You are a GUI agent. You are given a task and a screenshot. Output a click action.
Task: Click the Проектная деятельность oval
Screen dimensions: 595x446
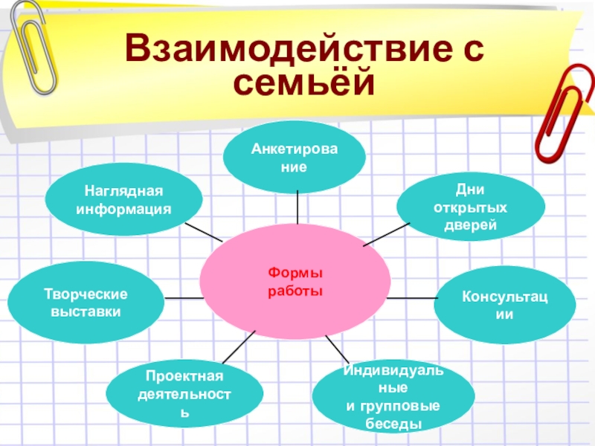pyautogui.click(x=184, y=394)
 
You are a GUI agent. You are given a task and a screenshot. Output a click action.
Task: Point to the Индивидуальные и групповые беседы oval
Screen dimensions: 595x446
pyautogui.click(x=393, y=396)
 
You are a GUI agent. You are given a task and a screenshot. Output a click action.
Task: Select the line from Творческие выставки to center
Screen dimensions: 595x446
pyautogui.click(x=182, y=298)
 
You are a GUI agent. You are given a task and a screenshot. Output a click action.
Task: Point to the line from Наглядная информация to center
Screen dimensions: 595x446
pyautogui.click(x=203, y=231)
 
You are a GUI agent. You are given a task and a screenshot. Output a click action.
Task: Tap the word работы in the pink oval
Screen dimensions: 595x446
pyautogui.click(x=295, y=290)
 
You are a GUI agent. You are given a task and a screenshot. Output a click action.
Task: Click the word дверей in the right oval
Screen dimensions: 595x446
pyautogui.click(x=465, y=224)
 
